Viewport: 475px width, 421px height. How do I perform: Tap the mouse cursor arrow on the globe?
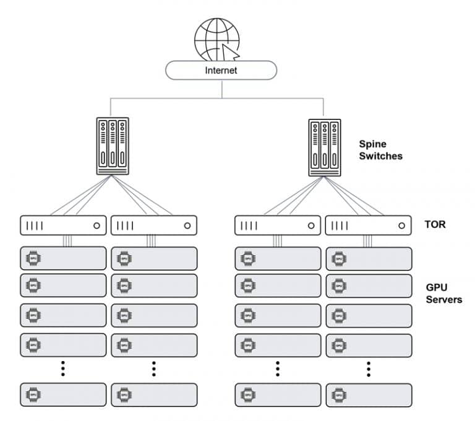(231, 51)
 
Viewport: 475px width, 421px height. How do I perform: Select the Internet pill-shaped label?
(221, 70)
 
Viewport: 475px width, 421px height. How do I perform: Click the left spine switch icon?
(113, 146)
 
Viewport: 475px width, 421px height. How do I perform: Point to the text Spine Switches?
(380, 150)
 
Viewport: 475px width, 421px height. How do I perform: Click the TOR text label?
(435, 224)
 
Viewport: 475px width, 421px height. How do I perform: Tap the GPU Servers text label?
(443, 293)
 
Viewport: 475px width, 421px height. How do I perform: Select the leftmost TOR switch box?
(63, 226)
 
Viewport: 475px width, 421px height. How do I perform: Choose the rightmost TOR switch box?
(368, 226)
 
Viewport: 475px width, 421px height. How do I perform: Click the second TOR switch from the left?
(154, 226)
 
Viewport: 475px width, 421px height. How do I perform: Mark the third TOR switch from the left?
(278, 226)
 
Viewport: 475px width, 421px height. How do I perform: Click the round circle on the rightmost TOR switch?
(401, 226)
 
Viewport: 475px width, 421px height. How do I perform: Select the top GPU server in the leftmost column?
(63, 258)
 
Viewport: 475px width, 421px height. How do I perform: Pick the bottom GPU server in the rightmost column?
(368, 394)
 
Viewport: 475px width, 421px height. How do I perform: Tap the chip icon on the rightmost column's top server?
(338, 258)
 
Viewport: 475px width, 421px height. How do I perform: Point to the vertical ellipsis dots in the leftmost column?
(63, 369)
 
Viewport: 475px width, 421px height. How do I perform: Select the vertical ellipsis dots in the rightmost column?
(368, 369)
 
